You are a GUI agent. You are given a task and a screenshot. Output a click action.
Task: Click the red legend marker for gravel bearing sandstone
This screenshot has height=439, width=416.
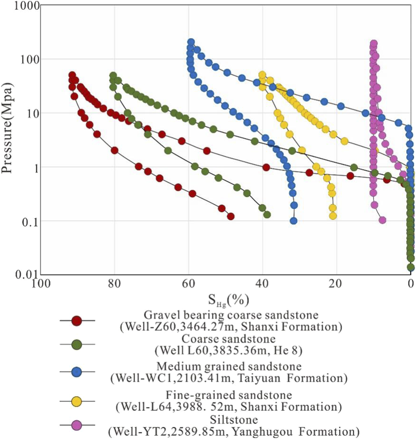pos(77,320)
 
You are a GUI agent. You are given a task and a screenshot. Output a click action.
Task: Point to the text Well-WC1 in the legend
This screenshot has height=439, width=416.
pos(139,379)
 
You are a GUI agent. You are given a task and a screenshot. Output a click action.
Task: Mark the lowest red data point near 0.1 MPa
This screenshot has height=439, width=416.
pos(231,216)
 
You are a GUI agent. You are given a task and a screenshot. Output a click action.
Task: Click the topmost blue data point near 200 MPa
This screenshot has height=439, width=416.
pos(191,42)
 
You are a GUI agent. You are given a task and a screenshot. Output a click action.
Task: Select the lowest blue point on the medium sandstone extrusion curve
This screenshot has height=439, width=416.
pos(294,220)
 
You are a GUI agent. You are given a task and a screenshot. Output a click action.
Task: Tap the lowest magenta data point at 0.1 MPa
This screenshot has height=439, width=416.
pos(382,220)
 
